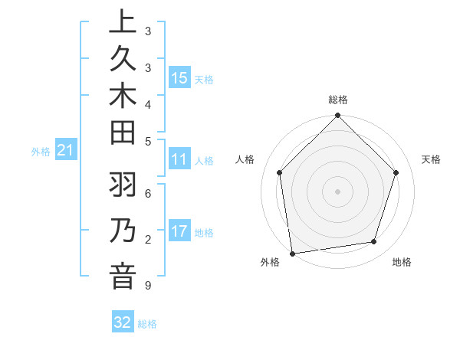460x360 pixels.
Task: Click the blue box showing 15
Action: point(179,77)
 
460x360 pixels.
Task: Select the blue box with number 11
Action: point(179,159)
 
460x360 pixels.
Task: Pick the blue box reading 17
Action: point(179,231)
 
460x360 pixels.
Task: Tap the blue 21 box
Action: point(66,150)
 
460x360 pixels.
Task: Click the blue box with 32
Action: point(123,322)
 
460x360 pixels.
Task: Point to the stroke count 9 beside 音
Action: point(147,286)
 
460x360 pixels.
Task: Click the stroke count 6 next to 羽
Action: point(147,194)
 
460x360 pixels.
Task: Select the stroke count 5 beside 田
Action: point(147,141)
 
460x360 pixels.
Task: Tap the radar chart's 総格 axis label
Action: point(338,100)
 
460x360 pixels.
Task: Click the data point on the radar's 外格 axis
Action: point(292,254)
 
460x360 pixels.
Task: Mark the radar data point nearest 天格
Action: point(396,172)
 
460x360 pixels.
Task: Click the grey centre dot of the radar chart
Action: point(338,191)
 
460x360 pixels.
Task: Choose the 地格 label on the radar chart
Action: point(402,262)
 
